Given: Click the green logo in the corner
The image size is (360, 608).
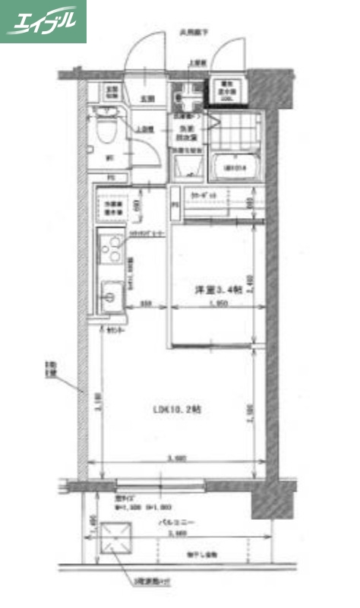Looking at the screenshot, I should [43, 21].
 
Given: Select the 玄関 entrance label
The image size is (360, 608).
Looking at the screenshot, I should [147, 99].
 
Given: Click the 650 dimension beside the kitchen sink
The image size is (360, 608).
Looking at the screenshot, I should [148, 305].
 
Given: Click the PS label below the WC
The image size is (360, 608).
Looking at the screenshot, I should [111, 178].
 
